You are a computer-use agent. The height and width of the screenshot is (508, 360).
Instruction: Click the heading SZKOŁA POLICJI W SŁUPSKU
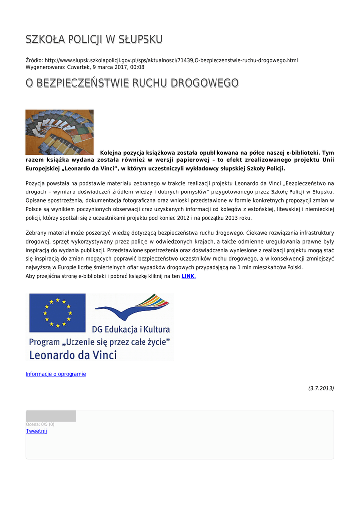point(94,39)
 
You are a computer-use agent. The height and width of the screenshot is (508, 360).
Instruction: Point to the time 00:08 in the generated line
point(137,67)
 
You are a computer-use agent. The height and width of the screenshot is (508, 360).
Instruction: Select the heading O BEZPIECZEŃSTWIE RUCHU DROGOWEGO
point(132,83)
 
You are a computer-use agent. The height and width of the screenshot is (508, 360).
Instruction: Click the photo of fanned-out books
point(60,132)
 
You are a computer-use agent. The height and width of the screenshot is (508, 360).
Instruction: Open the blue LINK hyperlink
point(188,276)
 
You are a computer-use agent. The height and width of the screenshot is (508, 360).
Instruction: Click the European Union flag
point(58,313)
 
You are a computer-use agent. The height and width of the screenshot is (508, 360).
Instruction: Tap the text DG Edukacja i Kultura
point(131,329)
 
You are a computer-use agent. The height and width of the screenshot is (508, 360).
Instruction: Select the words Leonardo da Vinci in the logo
point(73,355)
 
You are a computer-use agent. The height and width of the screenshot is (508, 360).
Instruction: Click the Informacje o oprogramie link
point(56,374)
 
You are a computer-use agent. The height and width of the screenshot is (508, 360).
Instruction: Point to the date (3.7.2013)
point(321,388)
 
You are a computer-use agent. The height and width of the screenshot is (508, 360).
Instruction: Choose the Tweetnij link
point(36,431)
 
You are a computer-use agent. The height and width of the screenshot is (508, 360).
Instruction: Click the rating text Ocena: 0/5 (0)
point(40,424)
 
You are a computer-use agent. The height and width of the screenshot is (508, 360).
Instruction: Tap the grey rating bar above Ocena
point(51,416)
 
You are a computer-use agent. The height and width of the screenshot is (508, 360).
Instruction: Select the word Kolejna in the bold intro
point(113,152)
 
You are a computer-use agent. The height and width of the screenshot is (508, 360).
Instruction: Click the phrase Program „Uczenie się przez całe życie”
point(100,342)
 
